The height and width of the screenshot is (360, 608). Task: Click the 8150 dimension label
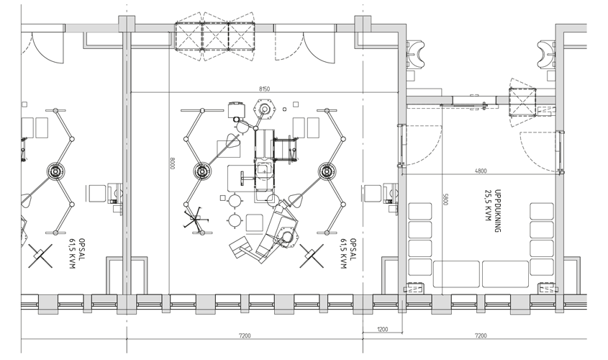point(264,89)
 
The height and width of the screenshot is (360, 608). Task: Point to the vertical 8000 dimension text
point(173,163)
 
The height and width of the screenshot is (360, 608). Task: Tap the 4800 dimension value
point(481,171)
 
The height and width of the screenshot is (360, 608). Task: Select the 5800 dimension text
point(445,199)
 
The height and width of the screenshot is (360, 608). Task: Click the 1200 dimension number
point(382,329)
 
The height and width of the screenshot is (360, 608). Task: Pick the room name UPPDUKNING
point(498,211)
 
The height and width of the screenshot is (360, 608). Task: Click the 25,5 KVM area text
point(488,206)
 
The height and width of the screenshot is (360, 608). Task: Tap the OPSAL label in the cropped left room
point(81,249)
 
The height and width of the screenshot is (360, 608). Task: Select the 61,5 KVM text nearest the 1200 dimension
point(343,253)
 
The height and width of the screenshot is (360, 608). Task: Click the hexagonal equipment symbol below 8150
point(265,109)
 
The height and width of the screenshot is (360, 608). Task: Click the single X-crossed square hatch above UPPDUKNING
point(522,102)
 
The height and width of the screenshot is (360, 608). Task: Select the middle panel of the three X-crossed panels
point(215,37)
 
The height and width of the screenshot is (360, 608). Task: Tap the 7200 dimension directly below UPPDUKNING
point(481,336)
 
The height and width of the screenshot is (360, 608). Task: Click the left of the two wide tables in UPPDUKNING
point(456,274)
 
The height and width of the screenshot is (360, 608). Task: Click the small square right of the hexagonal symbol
point(296,104)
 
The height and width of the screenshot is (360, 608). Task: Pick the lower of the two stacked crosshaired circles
point(234,220)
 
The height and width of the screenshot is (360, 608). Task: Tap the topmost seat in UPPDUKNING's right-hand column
point(542,212)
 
